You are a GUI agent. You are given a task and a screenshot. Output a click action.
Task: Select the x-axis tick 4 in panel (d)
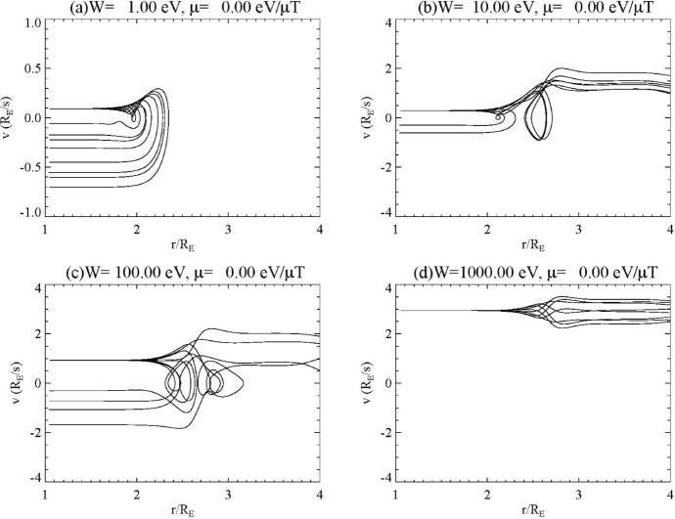(x=669, y=493)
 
